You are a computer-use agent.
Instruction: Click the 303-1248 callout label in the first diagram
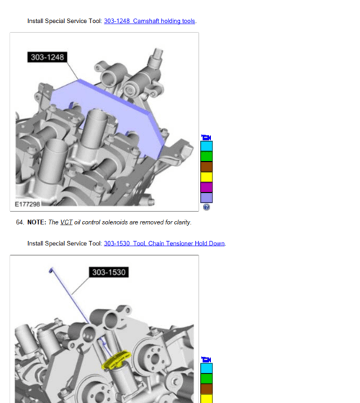(x=48, y=57)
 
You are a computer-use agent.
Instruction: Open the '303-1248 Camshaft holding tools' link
(x=149, y=21)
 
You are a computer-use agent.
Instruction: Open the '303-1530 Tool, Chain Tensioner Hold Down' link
(x=164, y=243)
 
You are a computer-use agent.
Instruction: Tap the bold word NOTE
(x=36, y=222)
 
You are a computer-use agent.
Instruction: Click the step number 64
(x=19, y=222)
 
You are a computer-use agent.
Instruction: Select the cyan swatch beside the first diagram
(x=207, y=146)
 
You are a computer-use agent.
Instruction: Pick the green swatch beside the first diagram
(x=207, y=156)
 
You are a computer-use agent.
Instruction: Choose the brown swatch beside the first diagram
(x=207, y=166)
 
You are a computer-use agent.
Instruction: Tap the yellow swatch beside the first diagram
(x=207, y=177)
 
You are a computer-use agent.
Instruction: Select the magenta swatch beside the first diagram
(x=207, y=187)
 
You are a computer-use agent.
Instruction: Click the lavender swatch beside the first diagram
(x=207, y=197)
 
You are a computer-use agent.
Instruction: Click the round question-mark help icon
(x=207, y=207)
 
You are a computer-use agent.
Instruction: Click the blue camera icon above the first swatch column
(x=207, y=137)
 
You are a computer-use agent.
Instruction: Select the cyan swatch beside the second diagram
(x=207, y=368)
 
